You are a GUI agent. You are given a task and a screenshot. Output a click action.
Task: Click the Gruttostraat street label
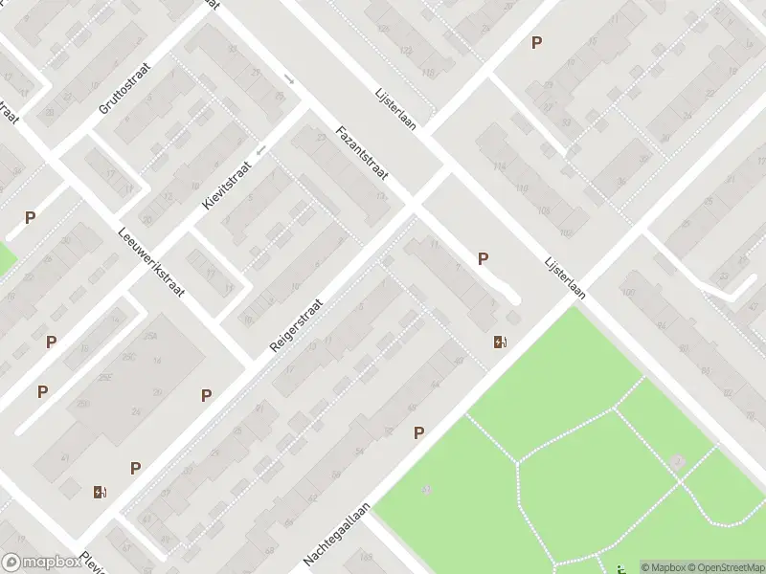pyautogui.click(x=121, y=91)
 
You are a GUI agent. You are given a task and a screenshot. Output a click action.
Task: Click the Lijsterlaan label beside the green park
pyautogui.click(x=564, y=277)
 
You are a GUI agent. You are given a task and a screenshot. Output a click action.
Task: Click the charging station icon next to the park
pyautogui.click(x=500, y=342)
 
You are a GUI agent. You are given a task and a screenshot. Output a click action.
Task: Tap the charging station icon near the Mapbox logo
pyautogui.click(x=101, y=493)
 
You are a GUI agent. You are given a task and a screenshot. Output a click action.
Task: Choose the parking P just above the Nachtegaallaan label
pyautogui.click(x=418, y=433)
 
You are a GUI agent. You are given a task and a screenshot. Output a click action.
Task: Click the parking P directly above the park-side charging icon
pyautogui.click(x=484, y=258)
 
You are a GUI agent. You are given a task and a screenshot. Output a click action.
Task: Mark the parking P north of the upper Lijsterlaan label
pyautogui.click(x=536, y=42)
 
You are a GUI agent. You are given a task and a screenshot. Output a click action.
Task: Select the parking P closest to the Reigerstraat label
pyautogui.click(x=206, y=395)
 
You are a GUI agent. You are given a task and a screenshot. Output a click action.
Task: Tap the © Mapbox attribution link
pyautogui.click(x=663, y=567)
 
